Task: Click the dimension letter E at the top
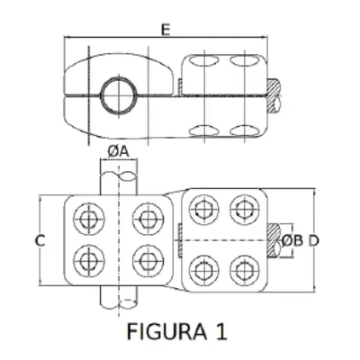pos(166,30)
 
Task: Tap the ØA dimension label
pos(118,152)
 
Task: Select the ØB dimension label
pos(292,240)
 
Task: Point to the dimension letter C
pos(40,240)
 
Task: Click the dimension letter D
pos(314,240)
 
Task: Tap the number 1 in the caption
pos(221,331)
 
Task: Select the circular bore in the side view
pos(119,95)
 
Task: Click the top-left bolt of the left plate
pos(89,219)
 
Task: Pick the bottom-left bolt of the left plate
pos(89,260)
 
